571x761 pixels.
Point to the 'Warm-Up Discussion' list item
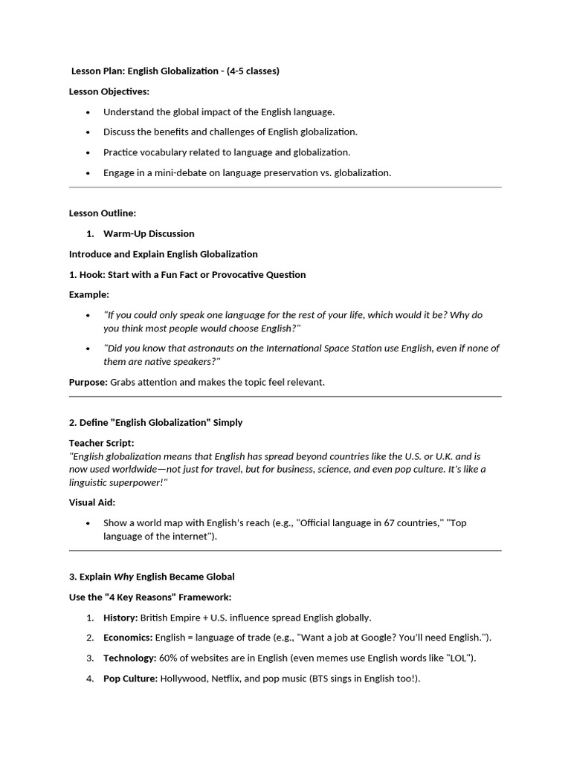[x=149, y=233]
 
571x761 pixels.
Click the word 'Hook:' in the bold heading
[x=93, y=274]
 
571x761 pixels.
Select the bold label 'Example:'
[x=89, y=294]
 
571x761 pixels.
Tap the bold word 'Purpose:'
[x=88, y=382]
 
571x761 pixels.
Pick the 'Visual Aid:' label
[x=92, y=502]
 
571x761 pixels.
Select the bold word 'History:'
[x=120, y=618]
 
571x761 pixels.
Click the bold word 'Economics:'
[x=127, y=638]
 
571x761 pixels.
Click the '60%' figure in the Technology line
[x=170, y=658]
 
